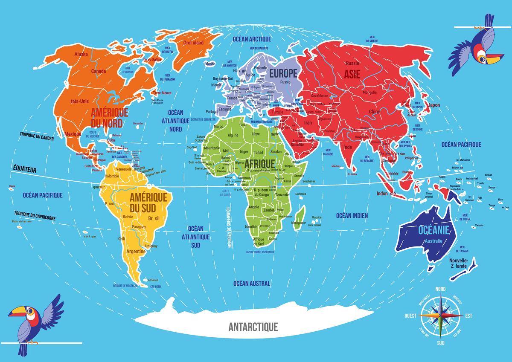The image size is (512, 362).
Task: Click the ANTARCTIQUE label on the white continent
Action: pyautogui.click(x=253, y=327)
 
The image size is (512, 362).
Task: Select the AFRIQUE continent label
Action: pyautogui.click(x=259, y=163)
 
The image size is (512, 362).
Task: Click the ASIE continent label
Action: pyautogui.click(x=352, y=74)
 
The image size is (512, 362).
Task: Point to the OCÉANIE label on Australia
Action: pyautogui.click(x=434, y=230)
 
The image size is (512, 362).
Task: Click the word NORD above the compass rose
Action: pyautogui.click(x=440, y=289)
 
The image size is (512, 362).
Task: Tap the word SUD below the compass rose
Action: pyautogui.click(x=441, y=343)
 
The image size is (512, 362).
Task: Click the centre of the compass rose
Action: pyautogui.click(x=441, y=316)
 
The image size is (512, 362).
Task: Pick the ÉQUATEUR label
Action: pyautogui.click(x=24, y=169)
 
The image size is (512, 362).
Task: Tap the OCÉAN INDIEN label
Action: pyautogui.click(x=351, y=216)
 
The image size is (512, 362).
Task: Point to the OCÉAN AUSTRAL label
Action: pyautogui.click(x=252, y=283)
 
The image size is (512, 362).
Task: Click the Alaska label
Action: pyautogui.click(x=81, y=54)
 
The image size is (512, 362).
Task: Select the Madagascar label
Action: pyautogui.click(x=298, y=223)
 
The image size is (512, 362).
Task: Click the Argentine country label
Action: pyautogui.click(x=136, y=252)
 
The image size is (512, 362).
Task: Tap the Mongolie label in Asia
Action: pyautogui.click(x=369, y=93)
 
